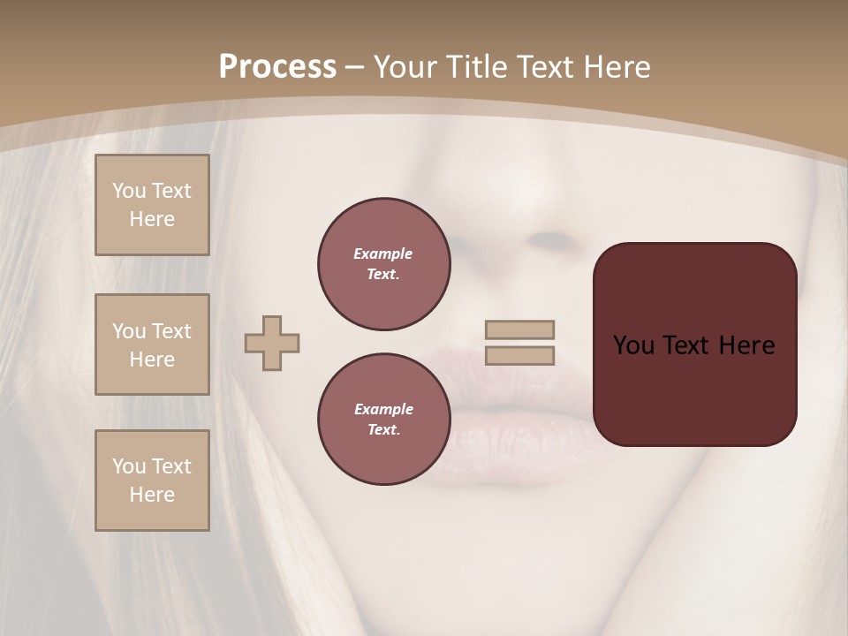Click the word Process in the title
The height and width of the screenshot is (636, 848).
277,67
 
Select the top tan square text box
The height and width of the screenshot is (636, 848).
152,205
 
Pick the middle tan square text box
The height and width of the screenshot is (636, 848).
152,344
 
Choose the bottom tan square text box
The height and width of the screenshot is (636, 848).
152,481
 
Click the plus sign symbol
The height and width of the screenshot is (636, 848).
272,343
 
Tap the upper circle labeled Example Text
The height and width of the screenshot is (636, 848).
384,264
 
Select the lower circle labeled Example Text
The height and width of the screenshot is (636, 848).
384,420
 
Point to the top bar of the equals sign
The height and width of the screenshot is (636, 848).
519,329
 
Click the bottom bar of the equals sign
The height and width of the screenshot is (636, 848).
519,355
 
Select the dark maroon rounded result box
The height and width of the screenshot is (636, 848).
694,344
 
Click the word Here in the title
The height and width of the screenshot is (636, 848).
617,67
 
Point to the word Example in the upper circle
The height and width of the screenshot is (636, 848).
383,254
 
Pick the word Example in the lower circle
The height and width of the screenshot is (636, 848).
383,409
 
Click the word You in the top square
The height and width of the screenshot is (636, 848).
128,191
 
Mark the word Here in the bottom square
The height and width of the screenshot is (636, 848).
152,495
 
